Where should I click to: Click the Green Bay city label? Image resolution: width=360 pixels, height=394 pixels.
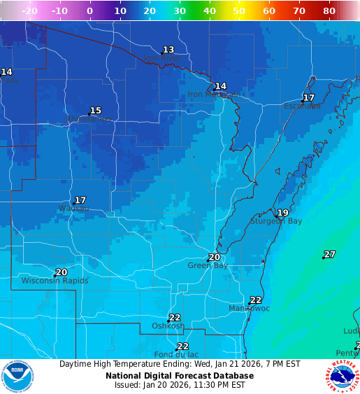208,266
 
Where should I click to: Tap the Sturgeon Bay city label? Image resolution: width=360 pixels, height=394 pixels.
276,221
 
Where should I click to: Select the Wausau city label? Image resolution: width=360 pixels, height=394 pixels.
74,209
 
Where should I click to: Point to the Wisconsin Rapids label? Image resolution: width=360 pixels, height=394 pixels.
55,281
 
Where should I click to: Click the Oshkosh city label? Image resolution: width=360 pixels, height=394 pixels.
168,326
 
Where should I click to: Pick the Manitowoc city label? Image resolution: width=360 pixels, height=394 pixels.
250,309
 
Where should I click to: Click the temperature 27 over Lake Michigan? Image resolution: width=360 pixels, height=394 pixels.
330,254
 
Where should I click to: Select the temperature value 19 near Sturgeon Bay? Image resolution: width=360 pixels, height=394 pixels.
282,213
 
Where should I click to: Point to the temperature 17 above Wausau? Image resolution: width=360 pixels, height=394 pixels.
80,200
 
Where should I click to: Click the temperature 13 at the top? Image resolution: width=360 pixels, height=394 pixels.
168,50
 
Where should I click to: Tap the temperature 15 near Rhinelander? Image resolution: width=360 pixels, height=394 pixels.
96,111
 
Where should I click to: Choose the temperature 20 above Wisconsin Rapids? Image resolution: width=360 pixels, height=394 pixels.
62,272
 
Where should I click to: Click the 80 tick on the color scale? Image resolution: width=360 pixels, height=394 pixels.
329,11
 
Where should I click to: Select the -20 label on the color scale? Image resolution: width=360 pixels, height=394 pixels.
29,11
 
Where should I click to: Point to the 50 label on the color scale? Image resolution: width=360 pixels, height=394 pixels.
239,11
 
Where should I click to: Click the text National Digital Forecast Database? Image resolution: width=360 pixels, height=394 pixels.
180,376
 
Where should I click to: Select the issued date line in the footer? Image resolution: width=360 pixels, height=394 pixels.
180,385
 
